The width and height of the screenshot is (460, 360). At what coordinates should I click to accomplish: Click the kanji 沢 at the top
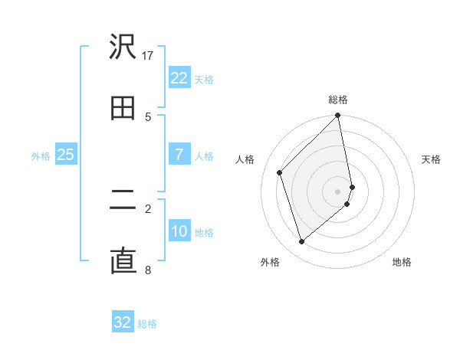click(123, 47)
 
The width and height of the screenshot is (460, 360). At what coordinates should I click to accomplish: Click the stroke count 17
click(148, 55)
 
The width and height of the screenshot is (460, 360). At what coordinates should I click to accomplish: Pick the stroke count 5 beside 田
click(148, 116)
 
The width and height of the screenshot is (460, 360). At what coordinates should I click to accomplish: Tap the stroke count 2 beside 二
click(148, 208)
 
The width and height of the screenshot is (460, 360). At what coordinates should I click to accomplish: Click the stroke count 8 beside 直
click(148, 270)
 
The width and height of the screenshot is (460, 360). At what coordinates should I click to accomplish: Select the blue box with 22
click(179, 78)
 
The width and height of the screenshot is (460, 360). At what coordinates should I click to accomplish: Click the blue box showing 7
click(179, 155)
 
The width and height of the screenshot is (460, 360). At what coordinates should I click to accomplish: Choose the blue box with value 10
click(179, 231)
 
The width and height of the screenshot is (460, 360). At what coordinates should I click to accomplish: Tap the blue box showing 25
click(65, 155)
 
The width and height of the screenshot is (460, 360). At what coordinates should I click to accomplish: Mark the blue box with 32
click(123, 322)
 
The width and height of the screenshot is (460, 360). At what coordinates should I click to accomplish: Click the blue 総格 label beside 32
click(147, 324)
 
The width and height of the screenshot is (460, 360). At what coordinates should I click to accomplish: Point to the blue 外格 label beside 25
click(41, 156)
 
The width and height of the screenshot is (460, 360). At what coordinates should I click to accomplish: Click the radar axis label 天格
click(431, 159)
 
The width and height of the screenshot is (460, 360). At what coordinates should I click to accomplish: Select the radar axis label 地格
click(402, 262)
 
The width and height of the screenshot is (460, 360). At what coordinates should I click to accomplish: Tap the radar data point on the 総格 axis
click(338, 116)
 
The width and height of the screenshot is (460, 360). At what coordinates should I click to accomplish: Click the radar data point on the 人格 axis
click(280, 172)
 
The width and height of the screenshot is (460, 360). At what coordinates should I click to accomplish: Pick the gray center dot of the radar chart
click(338, 191)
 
